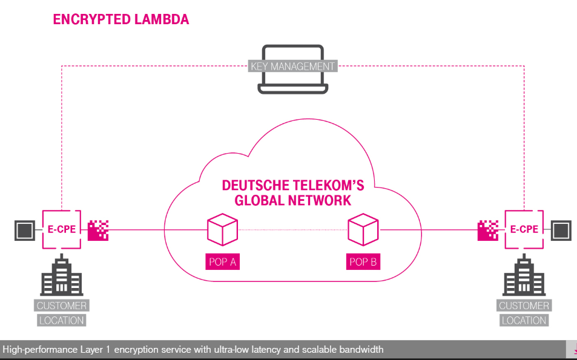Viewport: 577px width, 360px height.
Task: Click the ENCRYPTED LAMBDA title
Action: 121,19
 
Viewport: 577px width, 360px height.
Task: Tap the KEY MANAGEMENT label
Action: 292,66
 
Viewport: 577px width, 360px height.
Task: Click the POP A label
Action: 222,262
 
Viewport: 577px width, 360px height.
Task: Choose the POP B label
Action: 363,262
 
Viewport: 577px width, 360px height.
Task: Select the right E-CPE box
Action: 524,230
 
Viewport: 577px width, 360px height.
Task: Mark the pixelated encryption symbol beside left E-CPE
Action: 98,231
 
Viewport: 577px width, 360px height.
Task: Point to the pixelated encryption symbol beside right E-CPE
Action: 487,231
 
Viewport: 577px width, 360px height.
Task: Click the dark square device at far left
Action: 24,231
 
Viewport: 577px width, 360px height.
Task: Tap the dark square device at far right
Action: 561,231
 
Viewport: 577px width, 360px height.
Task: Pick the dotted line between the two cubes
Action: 293,231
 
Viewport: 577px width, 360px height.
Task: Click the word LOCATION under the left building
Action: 61,320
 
